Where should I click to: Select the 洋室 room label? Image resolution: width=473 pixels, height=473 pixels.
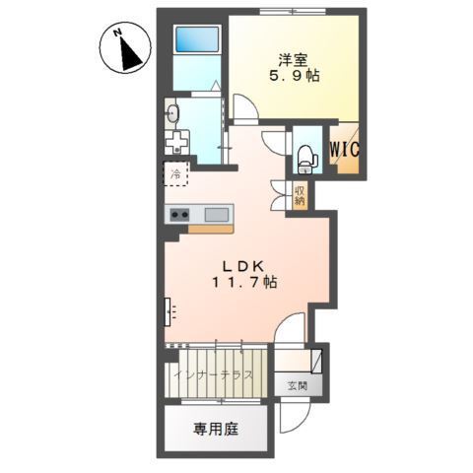tap(289, 58)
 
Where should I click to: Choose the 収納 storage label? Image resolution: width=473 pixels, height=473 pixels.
tap(300, 194)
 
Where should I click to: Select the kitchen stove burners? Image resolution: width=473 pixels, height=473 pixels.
tap(179, 215)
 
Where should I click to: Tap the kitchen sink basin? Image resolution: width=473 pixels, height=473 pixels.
tap(217, 214)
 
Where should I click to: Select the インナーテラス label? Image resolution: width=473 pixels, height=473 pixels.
tap(214, 375)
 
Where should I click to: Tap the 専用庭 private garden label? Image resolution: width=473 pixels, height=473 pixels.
tap(215, 430)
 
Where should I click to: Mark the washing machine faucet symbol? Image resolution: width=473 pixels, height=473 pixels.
tap(177, 141)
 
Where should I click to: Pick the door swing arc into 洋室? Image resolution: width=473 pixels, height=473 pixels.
tap(244, 106)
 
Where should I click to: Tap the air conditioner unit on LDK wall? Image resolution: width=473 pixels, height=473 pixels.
tap(169, 314)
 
